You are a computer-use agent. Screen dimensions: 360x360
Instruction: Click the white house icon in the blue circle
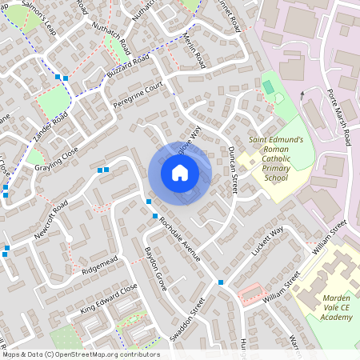180,173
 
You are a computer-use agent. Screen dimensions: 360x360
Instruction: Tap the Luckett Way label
267,242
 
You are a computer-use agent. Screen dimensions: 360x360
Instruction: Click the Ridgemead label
99,265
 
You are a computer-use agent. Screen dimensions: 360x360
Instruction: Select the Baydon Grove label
154,272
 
